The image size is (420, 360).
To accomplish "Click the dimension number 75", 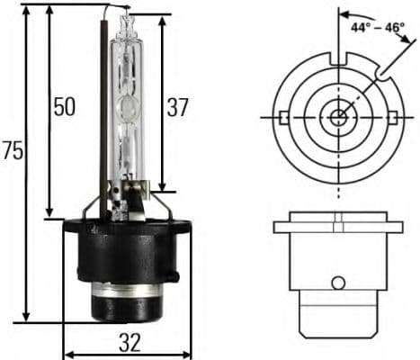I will [13, 150].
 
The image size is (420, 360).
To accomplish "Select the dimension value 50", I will [63, 107].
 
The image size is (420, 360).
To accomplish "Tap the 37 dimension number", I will [177, 107].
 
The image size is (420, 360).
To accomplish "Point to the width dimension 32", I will [130, 342].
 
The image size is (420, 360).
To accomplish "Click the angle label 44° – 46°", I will [379, 27].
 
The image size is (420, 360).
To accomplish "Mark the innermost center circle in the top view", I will [339, 117].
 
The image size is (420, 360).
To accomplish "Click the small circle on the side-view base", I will [338, 283].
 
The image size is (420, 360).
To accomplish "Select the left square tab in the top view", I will [283, 117].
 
